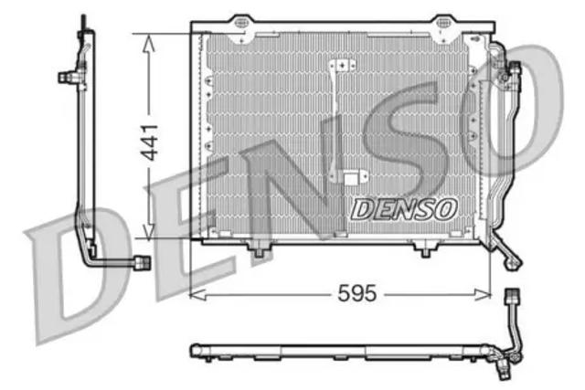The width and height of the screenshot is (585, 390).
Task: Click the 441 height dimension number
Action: (151, 142)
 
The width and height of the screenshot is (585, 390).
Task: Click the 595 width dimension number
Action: (357, 293)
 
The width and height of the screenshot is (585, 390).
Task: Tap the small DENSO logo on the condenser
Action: (404, 209)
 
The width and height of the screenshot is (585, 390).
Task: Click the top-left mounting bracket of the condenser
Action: (241, 26)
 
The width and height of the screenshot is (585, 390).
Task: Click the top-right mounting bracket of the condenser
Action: (444, 26)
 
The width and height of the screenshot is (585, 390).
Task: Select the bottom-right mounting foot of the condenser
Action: (425, 248)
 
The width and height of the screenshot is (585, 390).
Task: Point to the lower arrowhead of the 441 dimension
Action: (148, 231)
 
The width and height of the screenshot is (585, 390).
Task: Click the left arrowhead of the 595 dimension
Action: (198, 294)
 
